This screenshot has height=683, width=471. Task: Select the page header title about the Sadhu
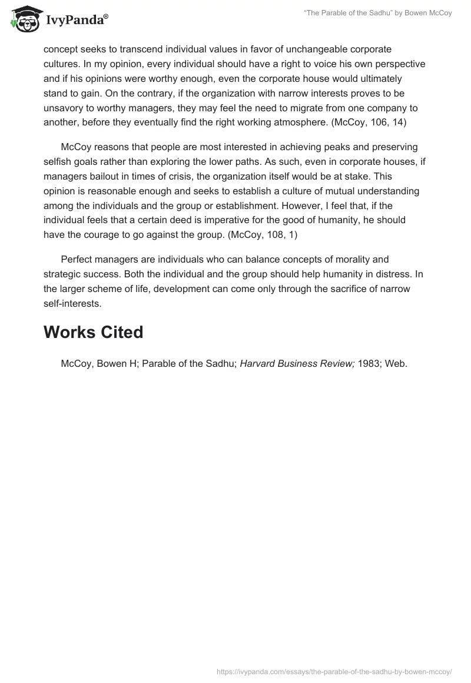coord(377,13)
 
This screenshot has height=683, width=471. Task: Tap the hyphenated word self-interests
coord(72,303)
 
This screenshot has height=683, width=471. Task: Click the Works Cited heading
coord(93,333)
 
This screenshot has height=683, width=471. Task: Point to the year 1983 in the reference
coord(369,364)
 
